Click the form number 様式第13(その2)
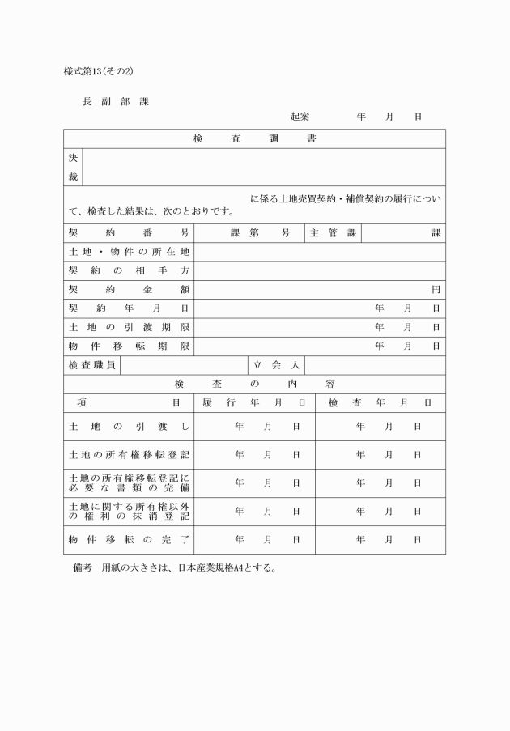[x=98, y=71]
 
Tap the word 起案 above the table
[x=300, y=117]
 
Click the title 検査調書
[x=254, y=139]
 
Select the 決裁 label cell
[x=73, y=168]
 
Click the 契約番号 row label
[x=129, y=233]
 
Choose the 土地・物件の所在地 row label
[x=129, y=252]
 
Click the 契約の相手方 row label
[x=129, y=270]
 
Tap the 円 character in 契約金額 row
[x=436, y=290]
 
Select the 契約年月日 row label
[x=129, y=308]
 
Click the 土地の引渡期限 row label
[x=129, y=327]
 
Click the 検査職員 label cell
[x=91, y=365]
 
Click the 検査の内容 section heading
[x=254, y=384]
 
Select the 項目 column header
[x=129, y=402]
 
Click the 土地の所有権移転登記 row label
[x=129, y=454]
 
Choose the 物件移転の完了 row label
[x=129, y=539]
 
